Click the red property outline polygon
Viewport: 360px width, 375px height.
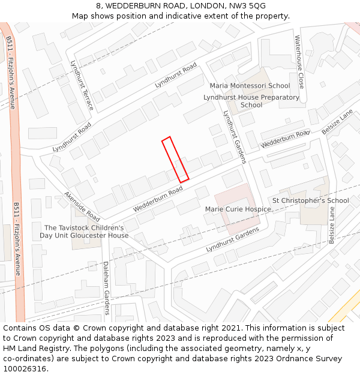(x=175, y=159)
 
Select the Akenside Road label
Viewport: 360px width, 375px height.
(x=82, y=205)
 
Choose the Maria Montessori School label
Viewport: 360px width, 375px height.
(x=250, y=86)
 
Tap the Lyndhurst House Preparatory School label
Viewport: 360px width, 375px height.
(x=251, y=101)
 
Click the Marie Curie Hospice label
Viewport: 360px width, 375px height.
(x=238, y=209)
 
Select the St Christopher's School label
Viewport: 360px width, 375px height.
(x=310, y=200)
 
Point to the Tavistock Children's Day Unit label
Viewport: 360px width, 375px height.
(x=84, y=232)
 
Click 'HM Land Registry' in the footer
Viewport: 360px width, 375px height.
(x=31, y=349)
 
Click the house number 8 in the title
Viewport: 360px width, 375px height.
(x=98, y=6)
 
